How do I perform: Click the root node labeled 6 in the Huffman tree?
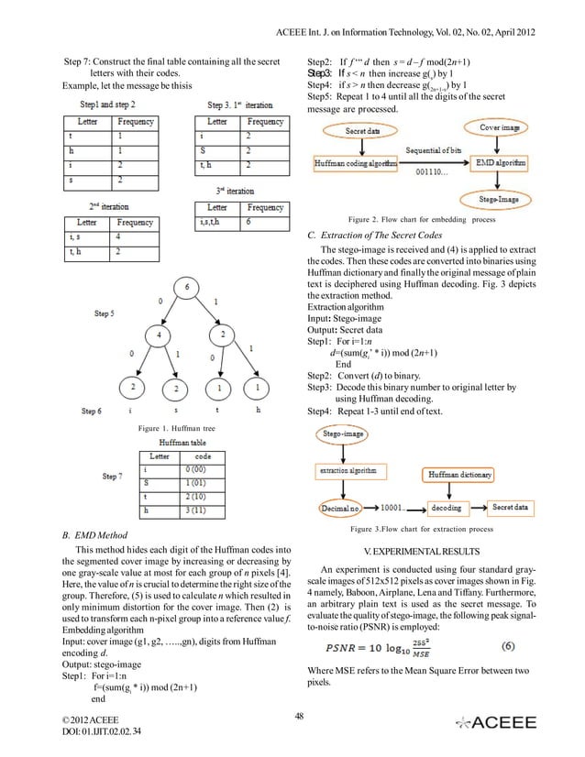click(x=188, y=290)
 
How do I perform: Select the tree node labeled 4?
click(x=136, y=336)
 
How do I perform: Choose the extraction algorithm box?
click(x=349, y=471)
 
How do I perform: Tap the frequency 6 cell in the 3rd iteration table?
click(x=265, y=222)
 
